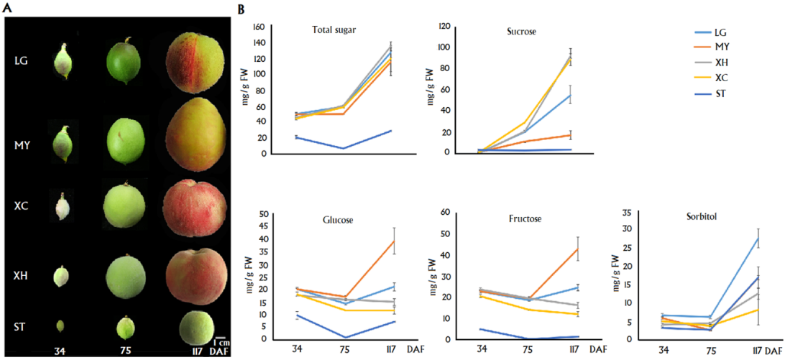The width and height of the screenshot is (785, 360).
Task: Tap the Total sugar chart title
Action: pyautogui.click(x=335, y=30)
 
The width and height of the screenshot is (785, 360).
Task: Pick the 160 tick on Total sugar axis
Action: pyautogui.click(x=259, y=27)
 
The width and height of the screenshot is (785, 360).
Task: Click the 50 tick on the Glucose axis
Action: pyautogui.click(x=262, y=215)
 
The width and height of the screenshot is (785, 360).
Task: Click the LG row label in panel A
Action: pyautogui.click(x=21, y=61)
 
